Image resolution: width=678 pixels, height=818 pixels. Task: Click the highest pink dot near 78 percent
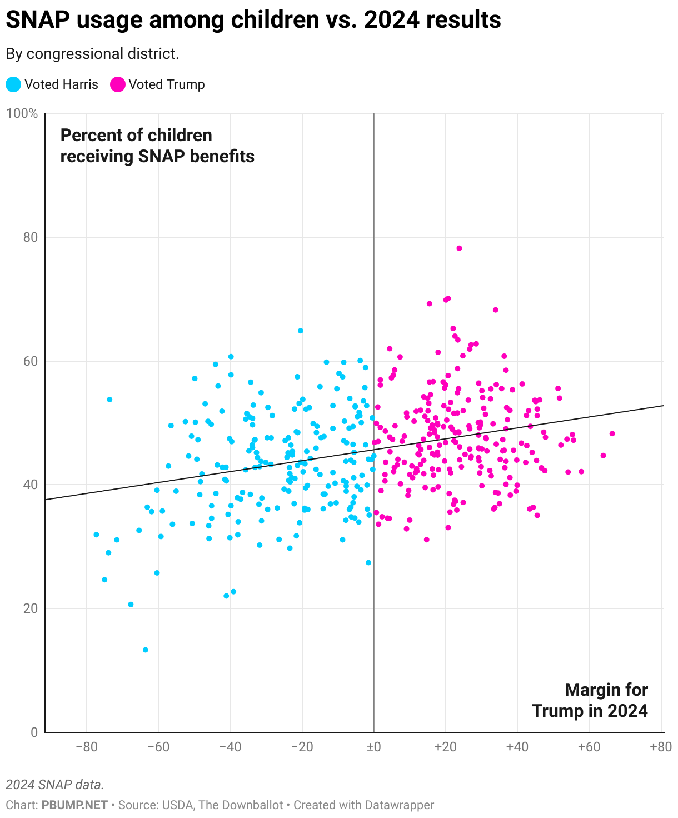(459, 248)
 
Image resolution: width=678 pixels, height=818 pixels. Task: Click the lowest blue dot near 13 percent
(146, 650)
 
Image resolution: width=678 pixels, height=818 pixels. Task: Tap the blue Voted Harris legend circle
(14, 84)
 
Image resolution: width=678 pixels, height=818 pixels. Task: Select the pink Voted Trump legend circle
(118, 84)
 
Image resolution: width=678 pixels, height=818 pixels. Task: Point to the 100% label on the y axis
(22, 114)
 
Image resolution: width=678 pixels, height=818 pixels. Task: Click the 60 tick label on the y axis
(30, 361)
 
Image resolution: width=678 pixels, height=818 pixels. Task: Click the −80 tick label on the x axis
(86, 747)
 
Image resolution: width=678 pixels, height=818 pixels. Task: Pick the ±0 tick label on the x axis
(373, 747)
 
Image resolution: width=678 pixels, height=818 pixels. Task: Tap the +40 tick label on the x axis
(517, 747)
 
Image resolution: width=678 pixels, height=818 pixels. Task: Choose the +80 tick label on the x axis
(660, 747)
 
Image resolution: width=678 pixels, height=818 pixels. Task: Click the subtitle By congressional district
(92, 54)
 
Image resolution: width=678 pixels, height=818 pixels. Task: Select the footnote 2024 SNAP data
(54, 785)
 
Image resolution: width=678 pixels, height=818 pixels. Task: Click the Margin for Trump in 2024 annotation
(590, 700)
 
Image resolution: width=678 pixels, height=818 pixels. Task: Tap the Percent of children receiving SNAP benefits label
(157, 146)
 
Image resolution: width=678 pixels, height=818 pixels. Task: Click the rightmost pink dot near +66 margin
(612, 433)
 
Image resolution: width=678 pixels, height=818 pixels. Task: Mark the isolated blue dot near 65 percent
(301, 331)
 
